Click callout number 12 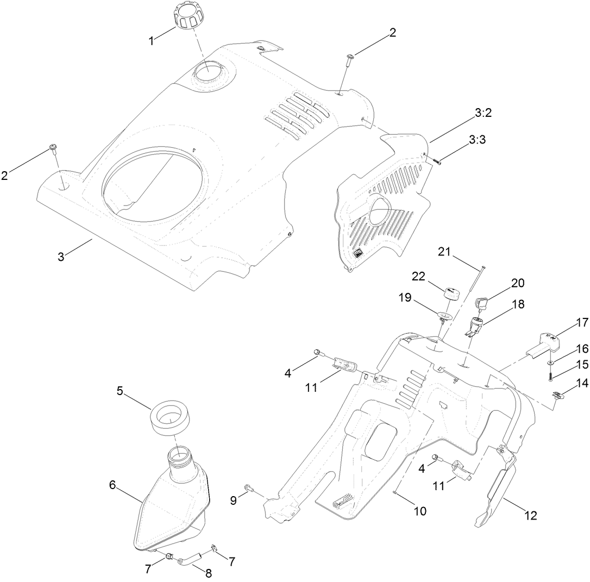[x=530, y=516]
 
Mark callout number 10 [x=419, y=511]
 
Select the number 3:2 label [x=483, y=114]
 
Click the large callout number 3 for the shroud [x=61, y=256]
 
